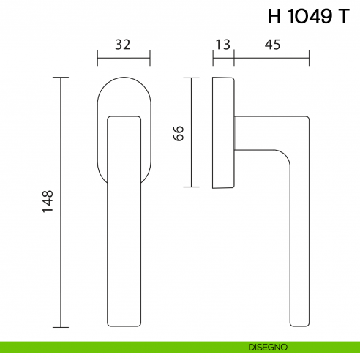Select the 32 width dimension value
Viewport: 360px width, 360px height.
[123, 45]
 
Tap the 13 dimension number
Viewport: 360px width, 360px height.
[222, 45]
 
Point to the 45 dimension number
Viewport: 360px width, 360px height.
[272, 45]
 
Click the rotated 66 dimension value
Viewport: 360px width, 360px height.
[179, 132]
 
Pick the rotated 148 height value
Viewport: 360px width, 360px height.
[48, 202]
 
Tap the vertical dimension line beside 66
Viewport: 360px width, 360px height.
[192, 132]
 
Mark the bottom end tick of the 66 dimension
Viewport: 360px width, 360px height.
[192, 187]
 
